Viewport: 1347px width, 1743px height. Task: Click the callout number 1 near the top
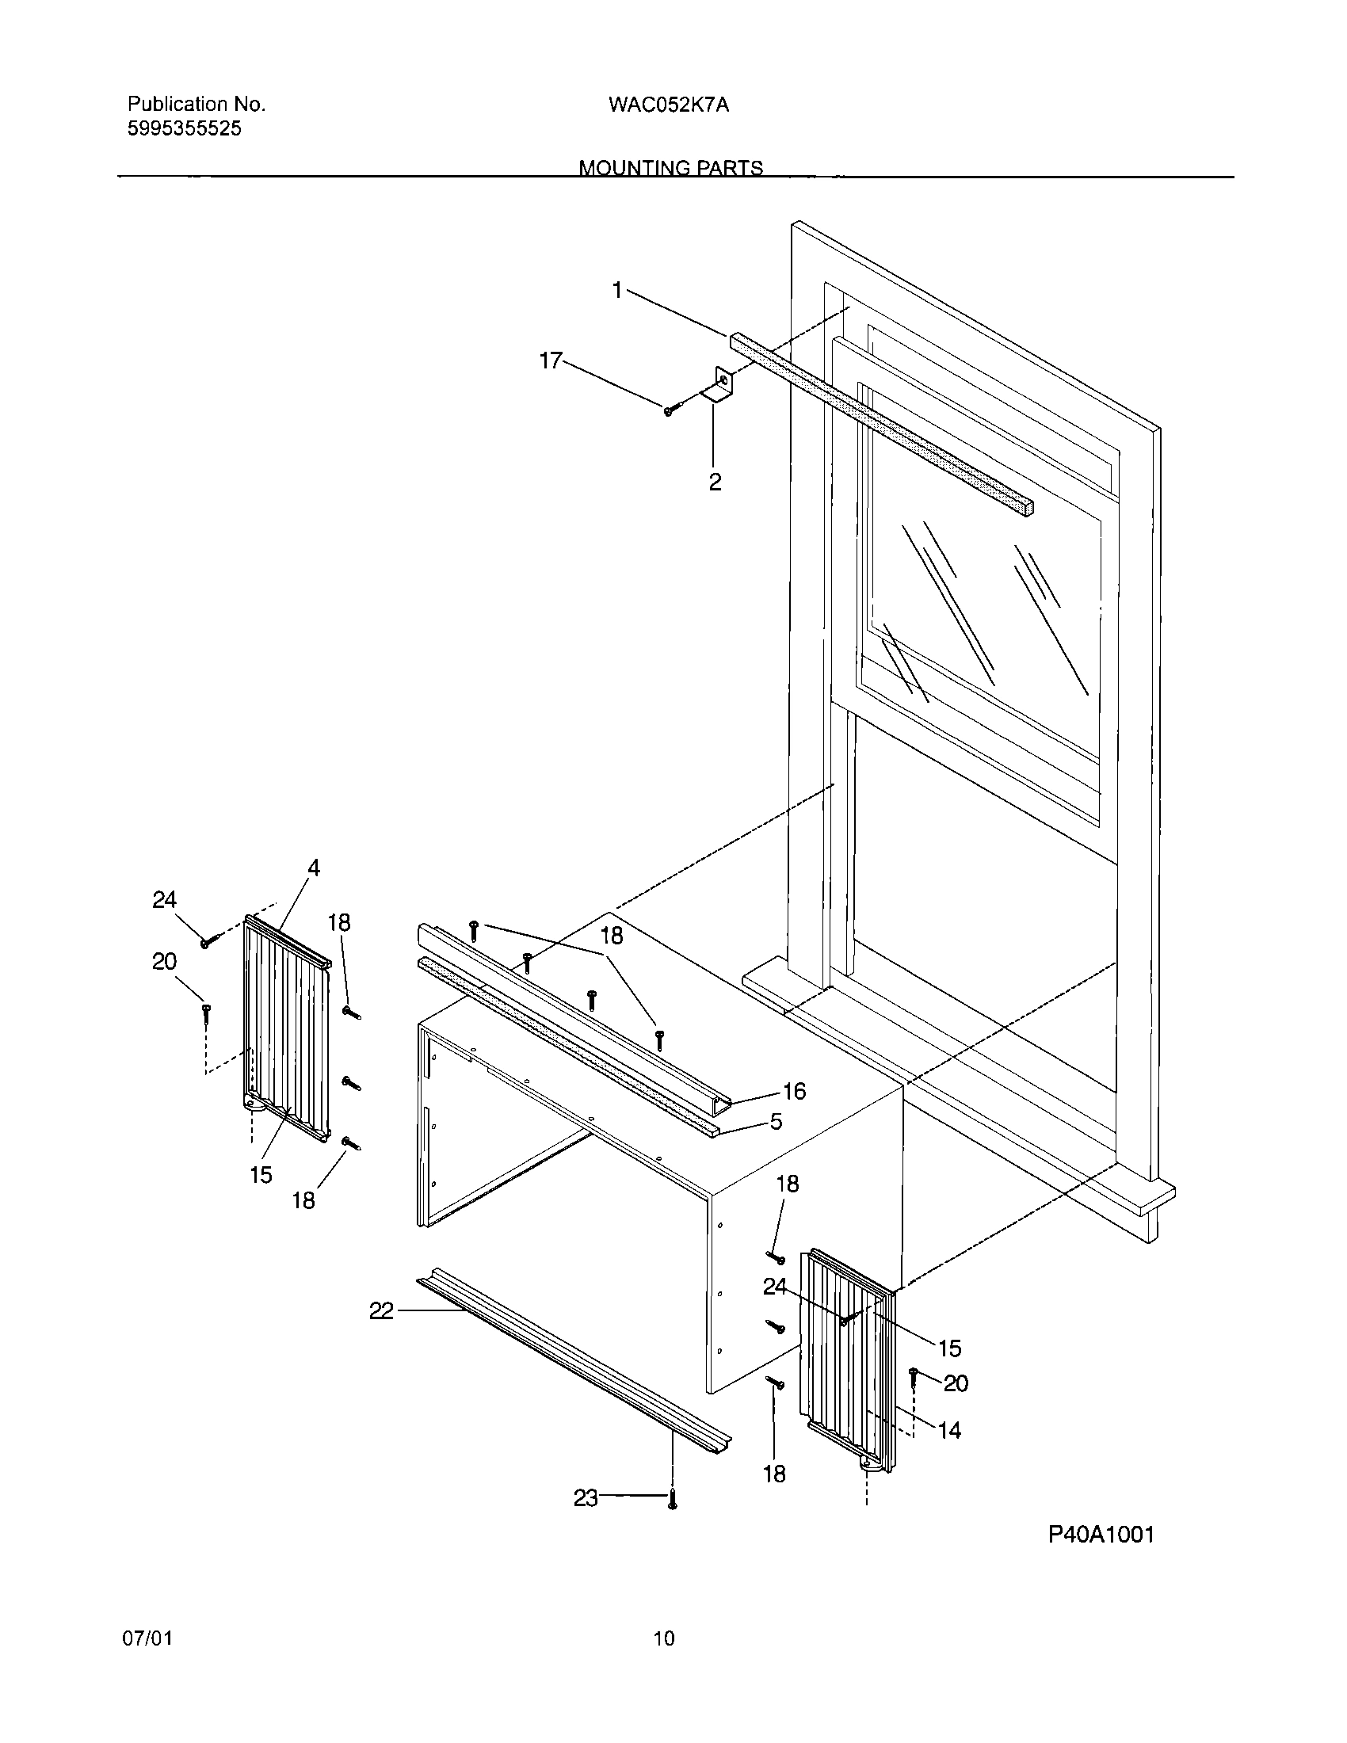coord(616,291)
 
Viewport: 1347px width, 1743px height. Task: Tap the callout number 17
coord(551,360)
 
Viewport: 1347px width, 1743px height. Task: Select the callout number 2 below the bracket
coord(715,482)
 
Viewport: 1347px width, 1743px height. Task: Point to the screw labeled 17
coord(669,410)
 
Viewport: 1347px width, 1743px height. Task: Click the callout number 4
coord(314,868)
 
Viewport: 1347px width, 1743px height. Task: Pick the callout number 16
coord(793,1091)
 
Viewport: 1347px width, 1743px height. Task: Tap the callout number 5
coord(776,1122)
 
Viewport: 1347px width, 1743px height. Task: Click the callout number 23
coord(586,1499)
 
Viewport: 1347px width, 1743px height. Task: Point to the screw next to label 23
coord(673,1501)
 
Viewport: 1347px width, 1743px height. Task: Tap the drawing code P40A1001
coord(1101,1535)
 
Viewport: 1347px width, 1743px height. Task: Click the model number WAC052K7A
coord(669,105)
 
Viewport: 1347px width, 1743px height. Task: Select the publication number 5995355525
coord(185,128)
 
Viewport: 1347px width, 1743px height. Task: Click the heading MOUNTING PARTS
coord(670,168)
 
